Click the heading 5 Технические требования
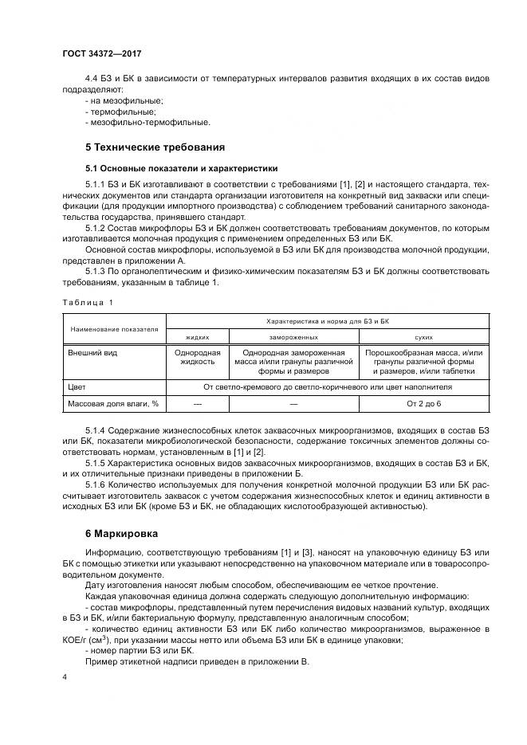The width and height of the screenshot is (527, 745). pos(155,147)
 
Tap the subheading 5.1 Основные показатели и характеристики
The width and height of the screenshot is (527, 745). pos(181,169)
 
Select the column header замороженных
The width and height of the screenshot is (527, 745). pos(294,337)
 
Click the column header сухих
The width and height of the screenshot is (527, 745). pos(423,337)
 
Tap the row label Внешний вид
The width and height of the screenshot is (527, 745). pos(92,352)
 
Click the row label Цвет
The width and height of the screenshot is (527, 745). pos(77,386)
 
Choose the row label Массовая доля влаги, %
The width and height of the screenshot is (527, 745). pos(112,404)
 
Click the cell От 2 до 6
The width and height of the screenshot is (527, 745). pos(423,404)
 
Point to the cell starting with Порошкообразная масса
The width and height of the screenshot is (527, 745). pos(423,362)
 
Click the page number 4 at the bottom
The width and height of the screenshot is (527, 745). pos(65,677)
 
